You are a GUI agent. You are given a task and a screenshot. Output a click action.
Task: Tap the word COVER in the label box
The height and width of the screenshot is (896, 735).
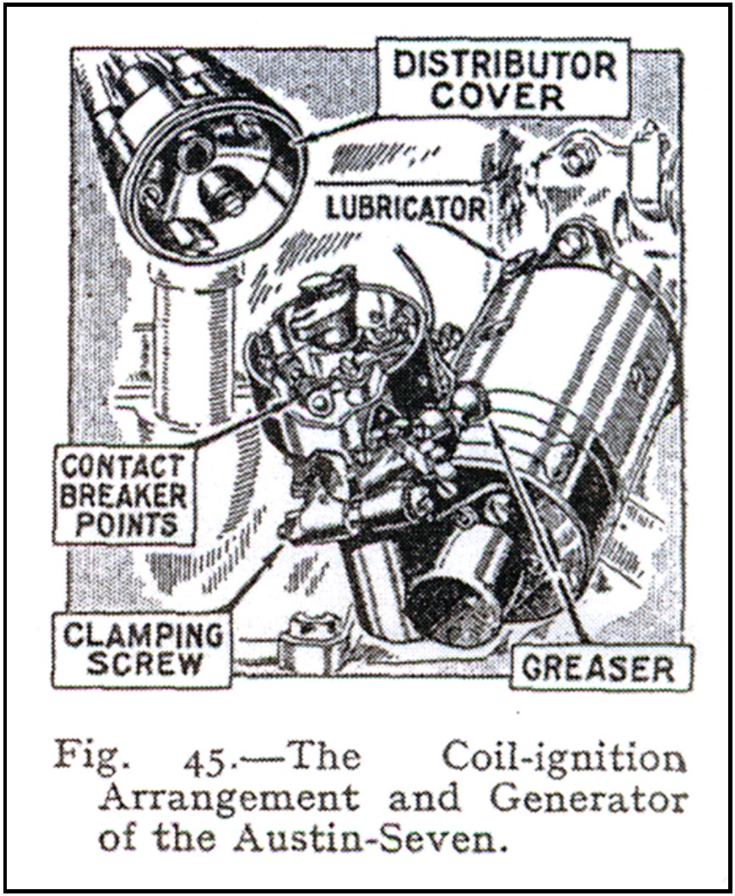click(x=497, y=97)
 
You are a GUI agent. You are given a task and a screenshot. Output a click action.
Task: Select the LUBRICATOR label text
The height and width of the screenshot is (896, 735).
click(x=406, y=208)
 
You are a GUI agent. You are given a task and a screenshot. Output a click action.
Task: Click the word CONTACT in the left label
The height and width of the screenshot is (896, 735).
click(x=123, y=466)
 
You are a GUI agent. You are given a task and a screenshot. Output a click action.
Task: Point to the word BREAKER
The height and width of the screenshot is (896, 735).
click(x=123, y=495)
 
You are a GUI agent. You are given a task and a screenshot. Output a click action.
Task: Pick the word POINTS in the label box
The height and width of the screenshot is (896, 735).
click(x=126, y=524)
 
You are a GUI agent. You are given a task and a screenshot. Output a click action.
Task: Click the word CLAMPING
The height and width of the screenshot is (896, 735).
click(x=143, y=635)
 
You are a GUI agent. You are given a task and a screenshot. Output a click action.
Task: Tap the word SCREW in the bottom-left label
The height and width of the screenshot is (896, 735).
click(x=145, y=662)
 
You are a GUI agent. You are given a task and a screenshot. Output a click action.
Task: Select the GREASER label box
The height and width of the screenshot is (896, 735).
click(x=602, y=668)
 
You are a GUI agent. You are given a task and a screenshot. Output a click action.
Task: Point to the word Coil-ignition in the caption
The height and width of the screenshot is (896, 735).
click(x=564, y=758)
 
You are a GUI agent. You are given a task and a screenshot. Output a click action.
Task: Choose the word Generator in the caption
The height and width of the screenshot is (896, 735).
click(x=589, y=798)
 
